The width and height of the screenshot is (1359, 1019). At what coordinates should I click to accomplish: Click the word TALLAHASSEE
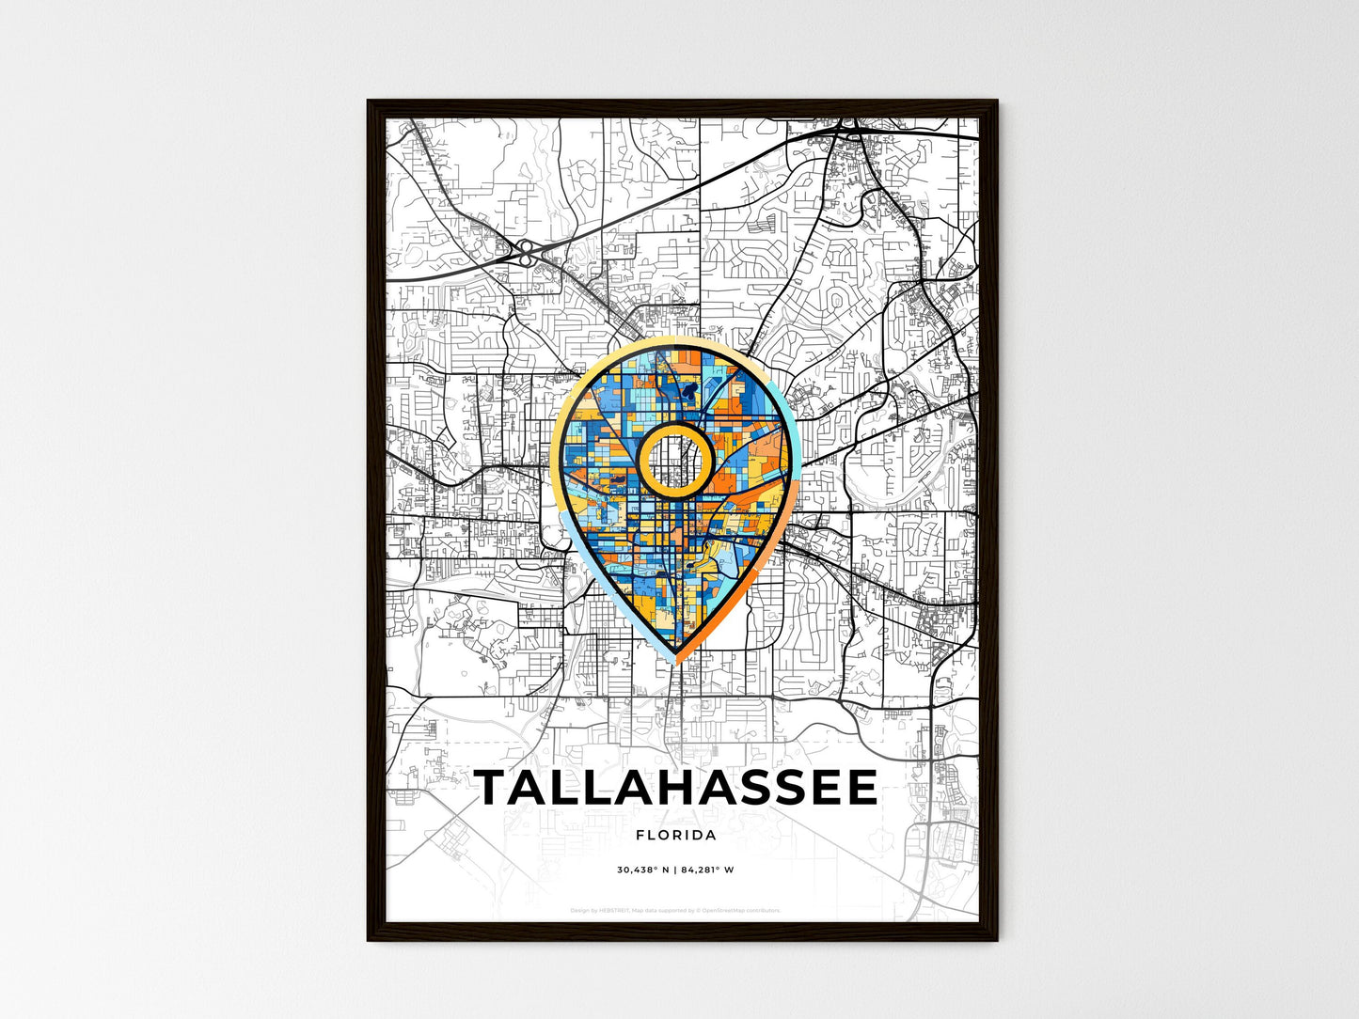pyautogui.click(x=676, y=788)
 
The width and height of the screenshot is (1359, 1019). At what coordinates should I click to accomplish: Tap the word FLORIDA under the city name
pyautogui.click(x=676, y=835)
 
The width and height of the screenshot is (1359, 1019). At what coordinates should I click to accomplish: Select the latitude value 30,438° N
pyautogui.click(x=642, y=870)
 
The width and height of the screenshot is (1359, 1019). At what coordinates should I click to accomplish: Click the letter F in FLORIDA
pyautogui.click(x=640, y=835)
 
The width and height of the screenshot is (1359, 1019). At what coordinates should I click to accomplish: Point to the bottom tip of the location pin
pyautogui.click(x=676, y=661)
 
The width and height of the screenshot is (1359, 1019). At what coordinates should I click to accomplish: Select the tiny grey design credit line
pyautogui.click(x=675, y=910)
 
